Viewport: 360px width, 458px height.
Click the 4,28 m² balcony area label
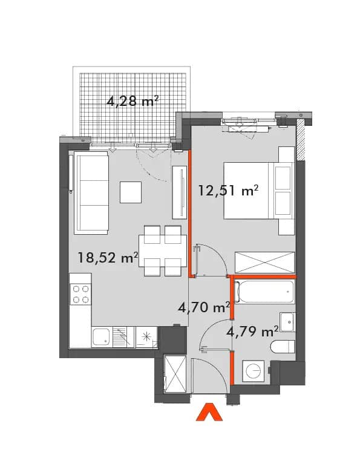point(133,102)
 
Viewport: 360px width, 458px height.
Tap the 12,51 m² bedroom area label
point(228,191)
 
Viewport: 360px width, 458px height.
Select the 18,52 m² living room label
point(108,258)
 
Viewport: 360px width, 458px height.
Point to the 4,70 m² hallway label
point(204,307)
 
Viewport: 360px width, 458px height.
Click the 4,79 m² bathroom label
point(252,332)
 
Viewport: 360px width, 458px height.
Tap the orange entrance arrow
point(209,413)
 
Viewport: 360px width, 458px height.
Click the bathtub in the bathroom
point(264,292)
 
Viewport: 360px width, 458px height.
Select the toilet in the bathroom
point(283,347)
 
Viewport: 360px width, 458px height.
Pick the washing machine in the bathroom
point(254,371)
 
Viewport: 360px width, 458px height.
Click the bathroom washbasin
point(287,322)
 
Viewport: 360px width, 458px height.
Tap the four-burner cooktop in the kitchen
point(80,294)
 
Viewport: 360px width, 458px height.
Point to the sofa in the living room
point(91,193)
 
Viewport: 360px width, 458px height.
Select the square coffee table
point(131,192)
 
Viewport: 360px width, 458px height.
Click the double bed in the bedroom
point(259,191)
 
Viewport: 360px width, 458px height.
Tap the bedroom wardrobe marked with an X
point(265,263)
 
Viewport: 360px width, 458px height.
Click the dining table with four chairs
point(163,250)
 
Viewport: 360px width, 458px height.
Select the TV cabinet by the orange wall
point(180,192)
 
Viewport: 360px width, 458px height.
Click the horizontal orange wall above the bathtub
point(263,276)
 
